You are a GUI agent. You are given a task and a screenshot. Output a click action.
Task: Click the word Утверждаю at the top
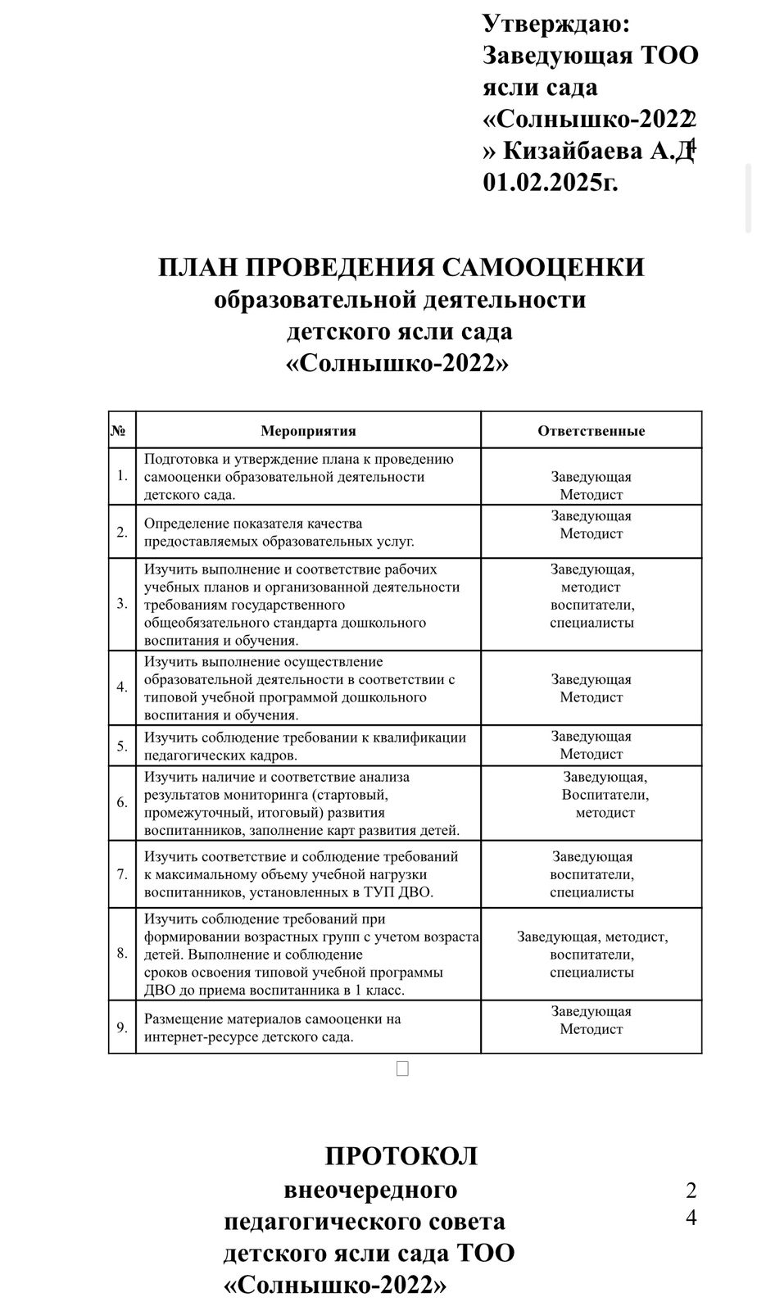(556, 24)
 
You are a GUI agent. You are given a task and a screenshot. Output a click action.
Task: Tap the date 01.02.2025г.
(551, 182)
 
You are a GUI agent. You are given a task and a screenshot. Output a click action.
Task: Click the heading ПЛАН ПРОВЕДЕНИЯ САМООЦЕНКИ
(401, 268)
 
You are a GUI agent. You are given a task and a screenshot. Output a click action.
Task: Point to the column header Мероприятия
(308, 431)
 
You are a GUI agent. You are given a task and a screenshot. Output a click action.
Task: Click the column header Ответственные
(591, 431)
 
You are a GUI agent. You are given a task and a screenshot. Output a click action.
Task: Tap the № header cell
(117, 430)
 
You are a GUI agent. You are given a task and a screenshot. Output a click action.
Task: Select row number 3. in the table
(122, 604)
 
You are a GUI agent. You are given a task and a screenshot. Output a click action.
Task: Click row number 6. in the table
(122, 802)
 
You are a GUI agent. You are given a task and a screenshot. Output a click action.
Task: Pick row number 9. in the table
(122, 1027)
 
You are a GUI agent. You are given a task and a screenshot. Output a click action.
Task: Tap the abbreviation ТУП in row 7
(369, 892)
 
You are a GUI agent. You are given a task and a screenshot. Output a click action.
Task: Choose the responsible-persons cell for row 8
(592, 954)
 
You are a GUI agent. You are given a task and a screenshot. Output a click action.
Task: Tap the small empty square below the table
(401, 1068)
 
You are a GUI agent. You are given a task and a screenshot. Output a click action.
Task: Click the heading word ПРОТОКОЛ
(401, 1156)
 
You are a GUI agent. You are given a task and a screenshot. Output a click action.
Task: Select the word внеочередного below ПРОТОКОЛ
(370, 1189)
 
